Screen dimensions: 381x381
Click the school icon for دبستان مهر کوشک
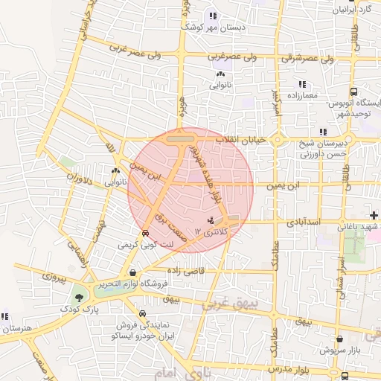[213, 16]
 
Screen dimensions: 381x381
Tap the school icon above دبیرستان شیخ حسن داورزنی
[322, 132]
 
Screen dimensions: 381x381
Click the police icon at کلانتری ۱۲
[211, 221]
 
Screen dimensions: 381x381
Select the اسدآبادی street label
[302, 222]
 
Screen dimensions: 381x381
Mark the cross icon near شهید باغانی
[374, 215]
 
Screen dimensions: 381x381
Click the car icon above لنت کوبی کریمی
[144, 232]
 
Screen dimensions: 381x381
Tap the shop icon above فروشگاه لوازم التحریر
[132, 272]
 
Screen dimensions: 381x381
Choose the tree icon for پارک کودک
[77, 298]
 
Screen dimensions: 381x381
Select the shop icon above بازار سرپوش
[339, 339]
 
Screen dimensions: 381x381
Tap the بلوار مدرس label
[304, 370]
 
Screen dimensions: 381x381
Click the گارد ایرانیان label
[354, 10]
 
